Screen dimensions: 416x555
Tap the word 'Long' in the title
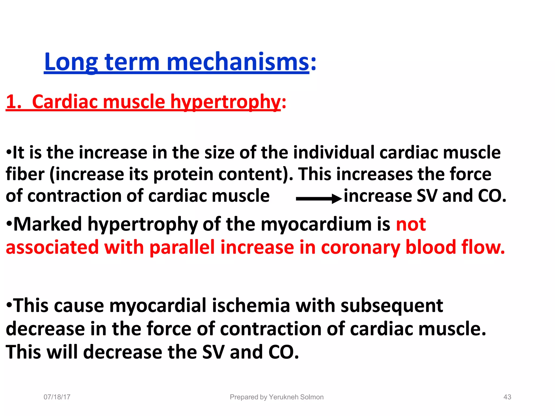point(71,62)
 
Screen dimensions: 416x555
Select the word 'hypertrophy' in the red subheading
point(225,102)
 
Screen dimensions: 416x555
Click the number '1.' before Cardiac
point(14,102)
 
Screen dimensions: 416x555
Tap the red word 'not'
point(411,224)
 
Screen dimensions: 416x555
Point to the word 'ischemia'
point(251,305)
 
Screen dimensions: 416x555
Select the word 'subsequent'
point(392,305)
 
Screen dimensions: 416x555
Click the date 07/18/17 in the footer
point(57,397)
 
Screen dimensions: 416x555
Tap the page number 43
point(507,397)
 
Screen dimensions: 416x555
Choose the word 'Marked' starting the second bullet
point(48,224)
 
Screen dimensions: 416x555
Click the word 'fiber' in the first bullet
point(25,174)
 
